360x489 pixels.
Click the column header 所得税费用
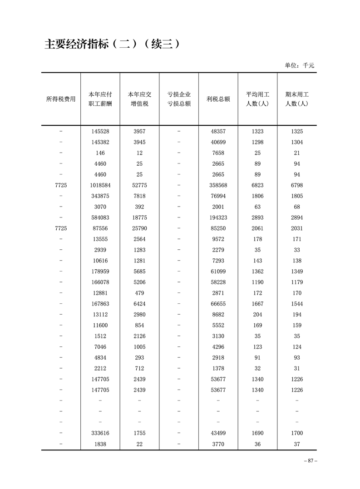coord(61,99)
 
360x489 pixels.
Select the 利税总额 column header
coord(218,99)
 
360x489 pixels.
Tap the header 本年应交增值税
coord(139,99)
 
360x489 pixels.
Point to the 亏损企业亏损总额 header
coord(179,99)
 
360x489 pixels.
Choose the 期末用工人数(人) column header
coord(297,99)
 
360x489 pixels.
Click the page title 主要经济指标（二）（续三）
coord(113,44)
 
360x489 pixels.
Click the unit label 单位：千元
coord(299,65)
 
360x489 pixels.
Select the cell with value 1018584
coord(100,185)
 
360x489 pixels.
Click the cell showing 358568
coord(218,185)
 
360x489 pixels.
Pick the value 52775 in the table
coord(139,185)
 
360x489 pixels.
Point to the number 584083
coord(100,217)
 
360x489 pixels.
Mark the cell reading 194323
coord(218,217)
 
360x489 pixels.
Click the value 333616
coord(100,433)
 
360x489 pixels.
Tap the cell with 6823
coord(257,185)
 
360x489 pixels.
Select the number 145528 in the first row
coord(100,131)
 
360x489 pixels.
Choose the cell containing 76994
coord(218,196)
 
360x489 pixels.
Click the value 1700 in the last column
coord(297,433)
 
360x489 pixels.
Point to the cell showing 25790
coord(139,228)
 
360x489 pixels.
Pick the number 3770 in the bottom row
coord(218,444)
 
